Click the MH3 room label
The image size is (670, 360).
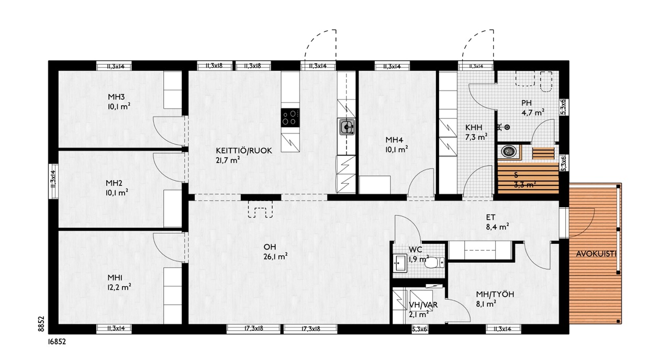(116, 97)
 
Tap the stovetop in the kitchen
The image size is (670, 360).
(290, 118)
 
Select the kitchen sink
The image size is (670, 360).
(347, 127)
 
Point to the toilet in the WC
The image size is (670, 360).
(434, 263)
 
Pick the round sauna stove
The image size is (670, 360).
(508, 151)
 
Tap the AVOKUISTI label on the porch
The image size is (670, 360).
(596, 254)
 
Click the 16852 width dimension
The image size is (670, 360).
(57, 342)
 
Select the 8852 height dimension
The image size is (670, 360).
(41, 324)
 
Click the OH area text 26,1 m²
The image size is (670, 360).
(275, 256)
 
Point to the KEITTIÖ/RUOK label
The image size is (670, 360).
(244, 150)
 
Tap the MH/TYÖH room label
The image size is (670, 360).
(495, 294)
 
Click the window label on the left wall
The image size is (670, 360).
(53, 179)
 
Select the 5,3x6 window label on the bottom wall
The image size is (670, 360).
(419, 330)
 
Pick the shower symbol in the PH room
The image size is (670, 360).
(504, 127)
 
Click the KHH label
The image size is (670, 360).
(474, 127)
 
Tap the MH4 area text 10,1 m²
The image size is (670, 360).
(397, 149)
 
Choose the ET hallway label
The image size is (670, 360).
(490, 217)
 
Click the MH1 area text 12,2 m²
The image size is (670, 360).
(119, 287)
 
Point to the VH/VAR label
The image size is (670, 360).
(423, 305)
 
